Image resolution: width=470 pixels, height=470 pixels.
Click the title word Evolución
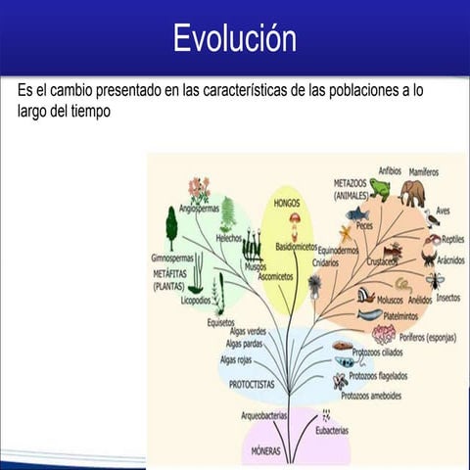coord(235,38)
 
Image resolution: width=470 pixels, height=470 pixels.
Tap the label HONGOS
coord(287,203)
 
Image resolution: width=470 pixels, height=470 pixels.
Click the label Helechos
coord(228,237)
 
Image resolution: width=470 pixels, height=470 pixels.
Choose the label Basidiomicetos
coord(297,247)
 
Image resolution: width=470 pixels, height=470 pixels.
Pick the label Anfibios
coord(390,170)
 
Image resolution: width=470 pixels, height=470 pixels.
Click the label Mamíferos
coord(424,171)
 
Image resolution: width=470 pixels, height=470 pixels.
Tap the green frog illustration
coord(380,189)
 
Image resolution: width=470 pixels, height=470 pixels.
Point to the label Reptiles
coord(452,239)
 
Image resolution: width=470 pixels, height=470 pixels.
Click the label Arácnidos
coord(449,260)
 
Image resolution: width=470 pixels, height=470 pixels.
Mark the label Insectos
coord(447,297)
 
